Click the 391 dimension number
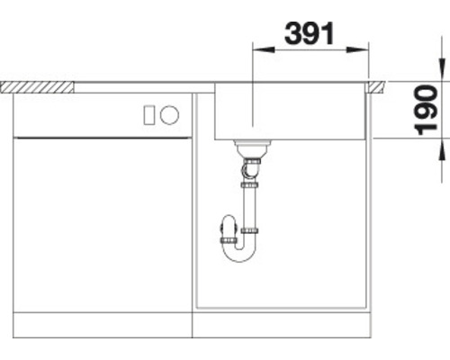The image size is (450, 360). pyautogui.click(x=309, y=33)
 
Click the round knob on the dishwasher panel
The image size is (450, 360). pyautogui.click(x=170, y=114)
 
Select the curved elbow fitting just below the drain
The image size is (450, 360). pyautogui.click(x=251, y=167)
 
